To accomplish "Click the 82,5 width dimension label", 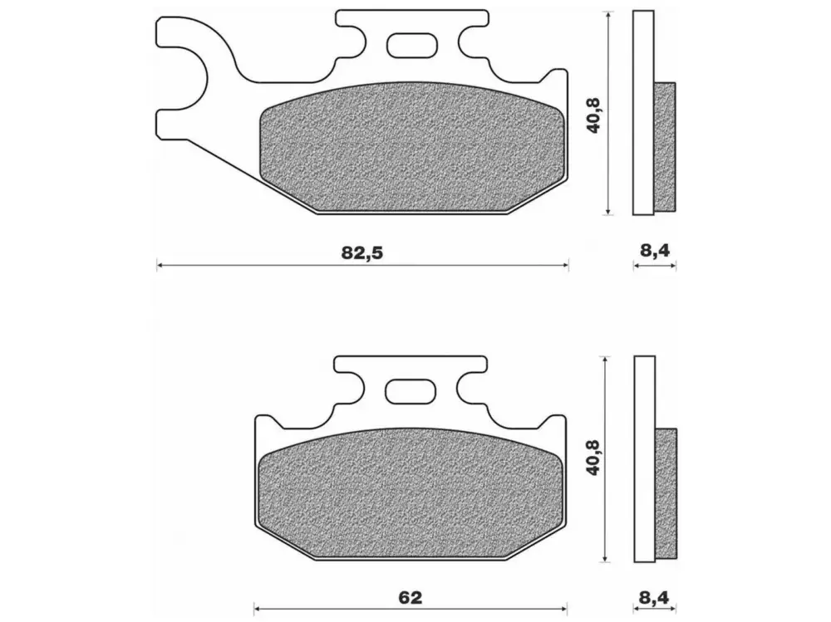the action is tap(361, 252).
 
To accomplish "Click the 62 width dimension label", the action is tap(410, 598).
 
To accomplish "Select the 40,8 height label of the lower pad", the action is tap(593, 457).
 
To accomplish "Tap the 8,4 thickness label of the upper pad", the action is tap(655, 249).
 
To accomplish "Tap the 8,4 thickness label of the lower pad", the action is tap(654, 598).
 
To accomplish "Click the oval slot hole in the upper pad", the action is tap(413, 45).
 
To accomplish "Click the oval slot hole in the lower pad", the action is tap(410, 391).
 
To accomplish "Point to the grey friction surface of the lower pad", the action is tap(410, 494).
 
